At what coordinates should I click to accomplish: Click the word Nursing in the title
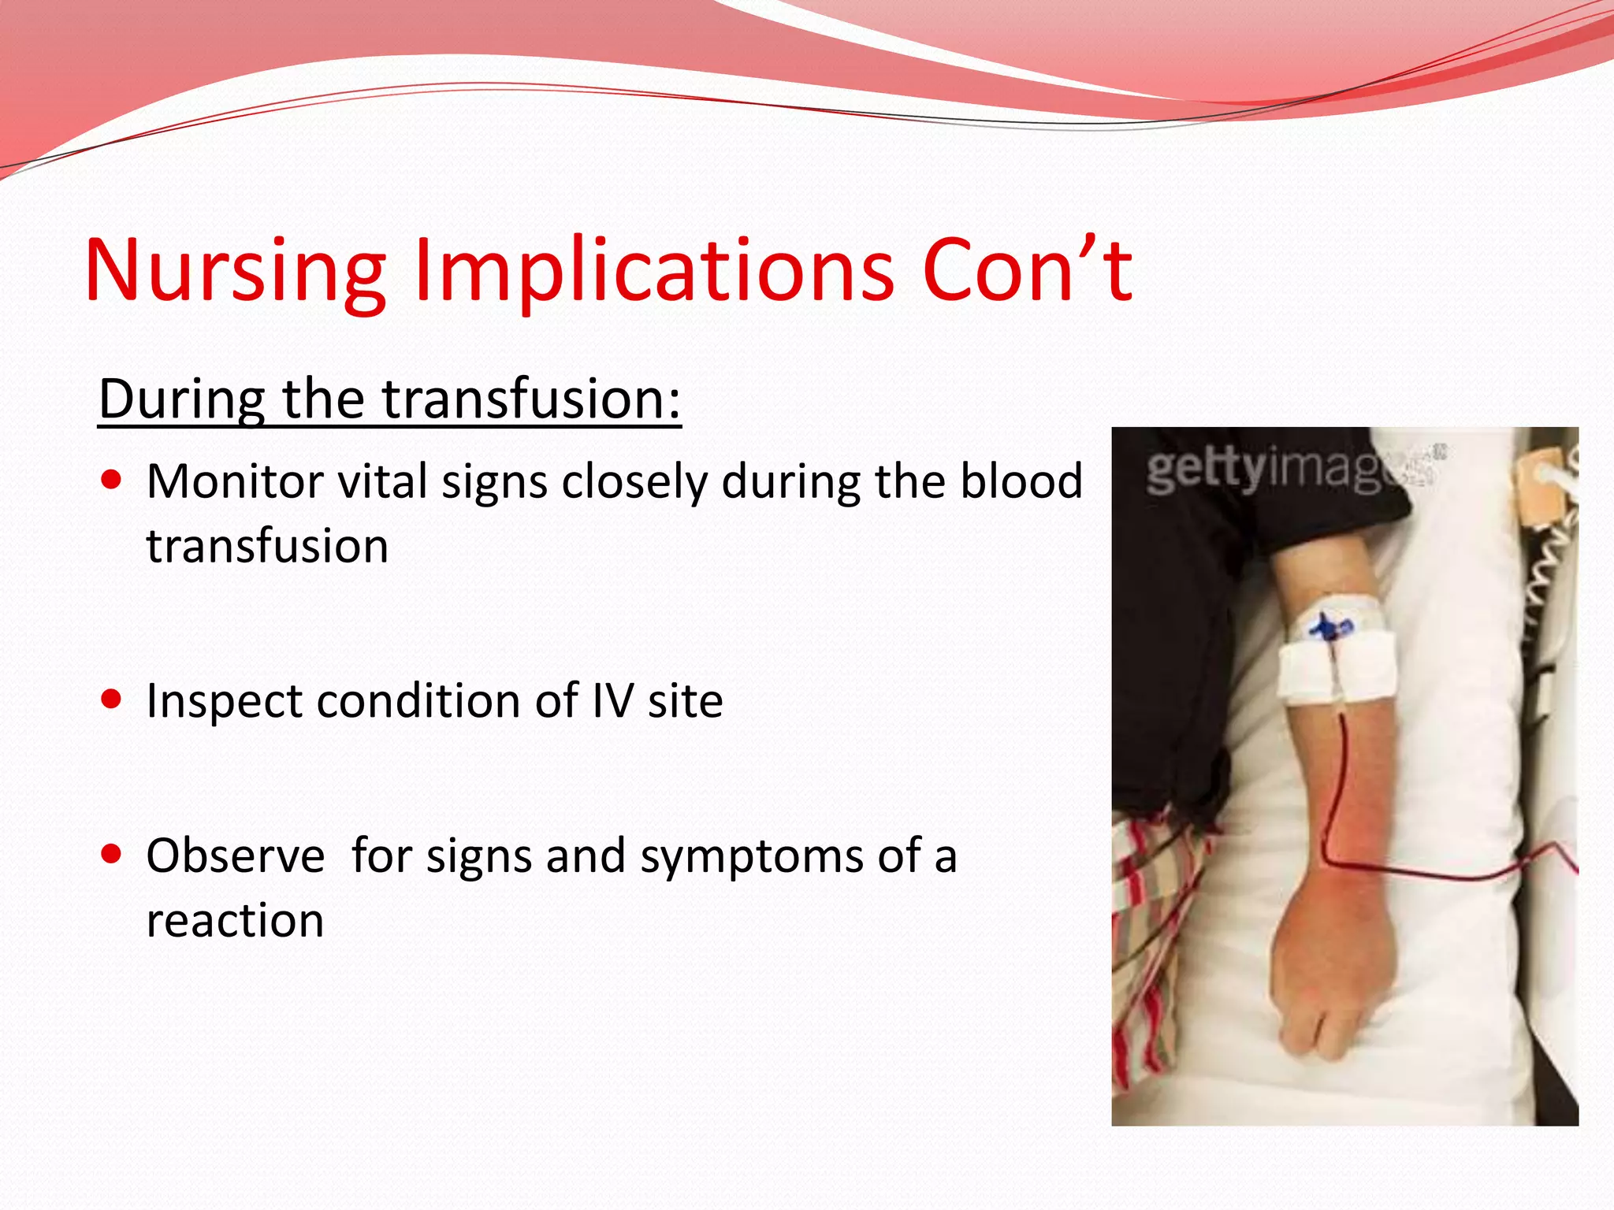[235, 272]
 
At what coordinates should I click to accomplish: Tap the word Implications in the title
[654, 272]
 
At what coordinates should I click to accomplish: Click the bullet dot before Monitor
[112, 480]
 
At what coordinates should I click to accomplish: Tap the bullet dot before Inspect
[112, 699]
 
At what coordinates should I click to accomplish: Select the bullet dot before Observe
[112, 853]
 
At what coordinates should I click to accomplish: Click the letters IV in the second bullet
[612, 700]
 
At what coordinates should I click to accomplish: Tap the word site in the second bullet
[685, 700]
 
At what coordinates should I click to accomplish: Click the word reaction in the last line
[235, 921]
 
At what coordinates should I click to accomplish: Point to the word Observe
[235, 856]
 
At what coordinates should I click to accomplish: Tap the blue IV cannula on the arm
[1330, 628]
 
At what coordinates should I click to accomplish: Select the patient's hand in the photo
[1332, 985]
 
